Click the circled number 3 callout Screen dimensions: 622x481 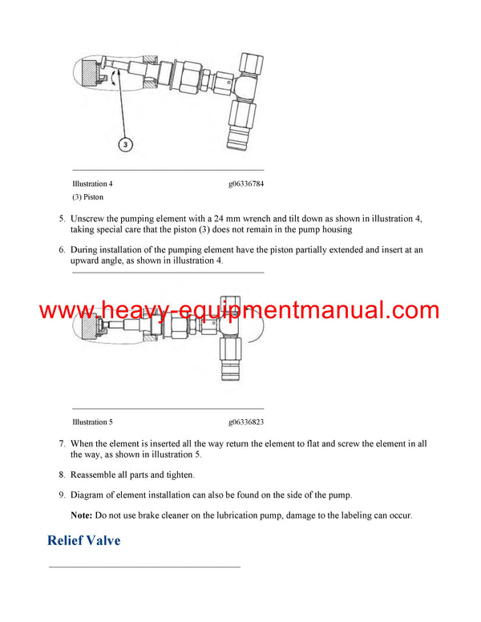(x=125, y=144)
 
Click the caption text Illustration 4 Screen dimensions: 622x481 (x=92, y=184)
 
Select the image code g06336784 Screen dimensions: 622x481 (x=245, y=184)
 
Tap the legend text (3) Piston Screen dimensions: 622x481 (x=87, y=196)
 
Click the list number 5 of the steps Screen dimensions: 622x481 (x=63, y=218)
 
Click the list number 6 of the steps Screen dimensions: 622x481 (x=63, y=249)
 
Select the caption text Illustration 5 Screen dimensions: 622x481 (x=92, y=422)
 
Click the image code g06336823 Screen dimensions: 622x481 (x=245, y=422)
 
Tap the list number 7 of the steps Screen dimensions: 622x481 (x=63, y=443)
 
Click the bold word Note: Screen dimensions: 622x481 (x=81, y=515)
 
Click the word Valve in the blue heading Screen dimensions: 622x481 (x=103, y=540)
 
